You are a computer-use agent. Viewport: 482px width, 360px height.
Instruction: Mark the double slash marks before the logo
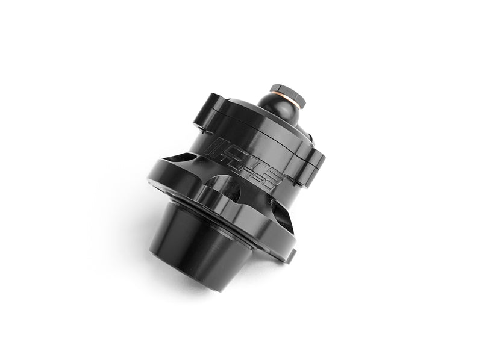(x=213, y=146)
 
